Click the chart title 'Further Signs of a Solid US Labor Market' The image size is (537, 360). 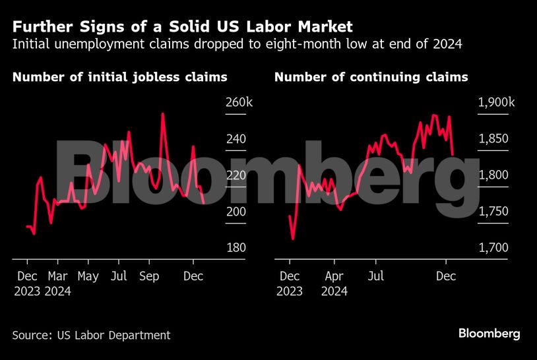(183, 27)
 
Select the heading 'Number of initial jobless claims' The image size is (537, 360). (119, 77)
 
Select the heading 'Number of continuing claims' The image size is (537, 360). (371, 77)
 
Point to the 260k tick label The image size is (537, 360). (238, 103)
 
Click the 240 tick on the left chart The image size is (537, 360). (236, 139)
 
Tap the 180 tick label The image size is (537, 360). (236, 248)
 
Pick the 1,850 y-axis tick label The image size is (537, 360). (493, 139)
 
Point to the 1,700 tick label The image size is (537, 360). (493, 248)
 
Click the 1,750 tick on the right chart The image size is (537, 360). (493, 212)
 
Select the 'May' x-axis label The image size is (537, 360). (88, 276)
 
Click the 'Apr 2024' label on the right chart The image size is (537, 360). (334, 283)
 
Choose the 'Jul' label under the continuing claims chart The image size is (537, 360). (376, 276)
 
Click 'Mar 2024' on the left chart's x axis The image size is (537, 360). (59, 283)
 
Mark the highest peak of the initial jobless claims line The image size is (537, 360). (162, 113)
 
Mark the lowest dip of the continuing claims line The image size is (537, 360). (293, 239)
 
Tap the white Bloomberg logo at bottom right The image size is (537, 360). (489, 334)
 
